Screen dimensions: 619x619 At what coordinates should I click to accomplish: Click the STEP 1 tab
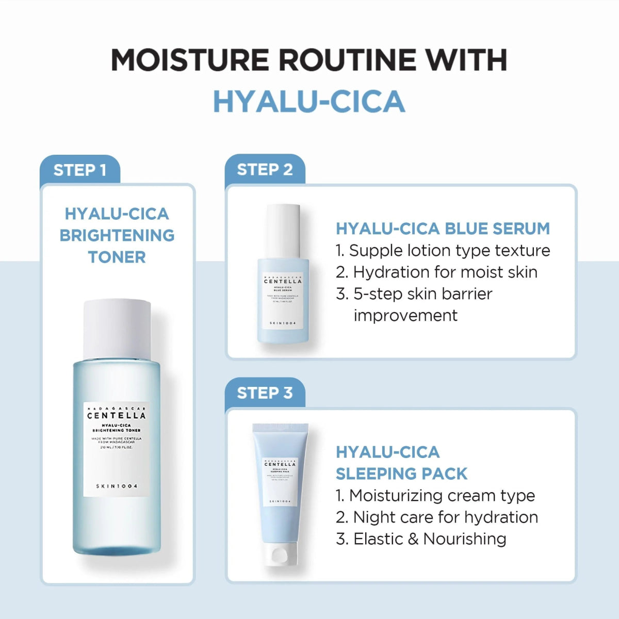tap(80, 170)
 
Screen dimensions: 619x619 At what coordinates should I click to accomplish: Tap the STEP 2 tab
tap(265, 170)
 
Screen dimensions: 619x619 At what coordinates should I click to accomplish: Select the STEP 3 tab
tap(265, 393)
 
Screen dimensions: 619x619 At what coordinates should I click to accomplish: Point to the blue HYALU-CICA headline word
tap(309, 101)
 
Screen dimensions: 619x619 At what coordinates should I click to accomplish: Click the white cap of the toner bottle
tap(117, 328)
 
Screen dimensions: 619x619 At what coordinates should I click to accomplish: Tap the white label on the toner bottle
tap(117, 449)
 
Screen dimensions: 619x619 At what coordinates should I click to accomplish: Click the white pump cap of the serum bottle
tap(283, 230)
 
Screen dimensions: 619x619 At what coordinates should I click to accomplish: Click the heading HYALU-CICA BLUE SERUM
tap(443, 229)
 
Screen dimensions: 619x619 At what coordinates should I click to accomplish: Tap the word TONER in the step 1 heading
tap(117, 257)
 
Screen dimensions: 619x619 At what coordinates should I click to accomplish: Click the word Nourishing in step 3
tap(465, 539)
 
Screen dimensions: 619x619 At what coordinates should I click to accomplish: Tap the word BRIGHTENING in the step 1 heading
tap(117, 235)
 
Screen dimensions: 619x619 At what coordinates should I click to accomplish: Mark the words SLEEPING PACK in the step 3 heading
tap(401, 474)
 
